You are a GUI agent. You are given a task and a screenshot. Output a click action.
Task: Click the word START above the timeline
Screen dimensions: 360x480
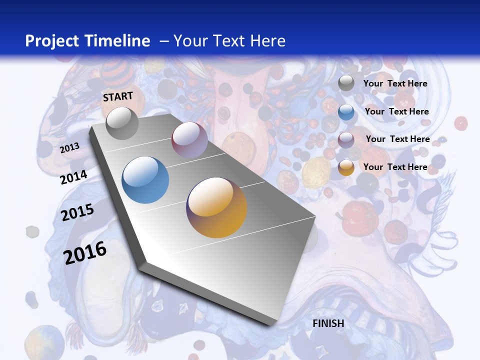(x=118, y=96)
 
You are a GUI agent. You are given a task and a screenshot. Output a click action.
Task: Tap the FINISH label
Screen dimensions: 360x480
(x=328, y=323)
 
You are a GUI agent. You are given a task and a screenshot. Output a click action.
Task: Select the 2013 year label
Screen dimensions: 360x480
(x=70, y=148)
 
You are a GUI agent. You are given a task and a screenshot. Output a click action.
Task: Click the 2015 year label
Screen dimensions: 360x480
(x=77, y=212)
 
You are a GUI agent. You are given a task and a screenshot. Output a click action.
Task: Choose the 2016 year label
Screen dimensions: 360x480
(x=85, y=252)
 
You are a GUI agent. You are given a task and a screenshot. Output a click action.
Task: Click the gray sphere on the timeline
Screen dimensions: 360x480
(x=122, y=123)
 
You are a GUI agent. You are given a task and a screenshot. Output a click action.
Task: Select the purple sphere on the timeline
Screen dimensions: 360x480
(x=189, y=139)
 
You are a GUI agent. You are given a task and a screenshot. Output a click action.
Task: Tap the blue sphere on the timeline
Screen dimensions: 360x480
(x=145, y=180)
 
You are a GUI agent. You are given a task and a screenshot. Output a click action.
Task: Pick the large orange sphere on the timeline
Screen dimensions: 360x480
(x=216, y=207)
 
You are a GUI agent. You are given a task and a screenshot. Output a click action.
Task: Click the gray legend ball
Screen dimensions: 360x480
(x=346, y=83)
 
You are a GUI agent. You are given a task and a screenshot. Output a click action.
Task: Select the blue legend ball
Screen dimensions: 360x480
(x=346, y=111)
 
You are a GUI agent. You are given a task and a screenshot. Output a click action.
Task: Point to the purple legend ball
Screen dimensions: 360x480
(x=346, y=139)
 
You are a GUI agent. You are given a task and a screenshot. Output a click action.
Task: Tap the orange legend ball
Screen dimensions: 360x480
(x=346, y=167)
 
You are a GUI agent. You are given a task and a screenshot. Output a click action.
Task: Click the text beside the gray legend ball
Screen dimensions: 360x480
(x=395, y=83)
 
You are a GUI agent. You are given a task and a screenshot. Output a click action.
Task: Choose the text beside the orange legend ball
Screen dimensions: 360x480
(x=395, y=167)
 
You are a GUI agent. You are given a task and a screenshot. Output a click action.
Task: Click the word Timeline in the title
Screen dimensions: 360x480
(x=117, y=41)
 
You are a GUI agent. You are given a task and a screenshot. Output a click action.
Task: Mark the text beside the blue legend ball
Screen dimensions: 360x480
(x=396, y=111)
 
